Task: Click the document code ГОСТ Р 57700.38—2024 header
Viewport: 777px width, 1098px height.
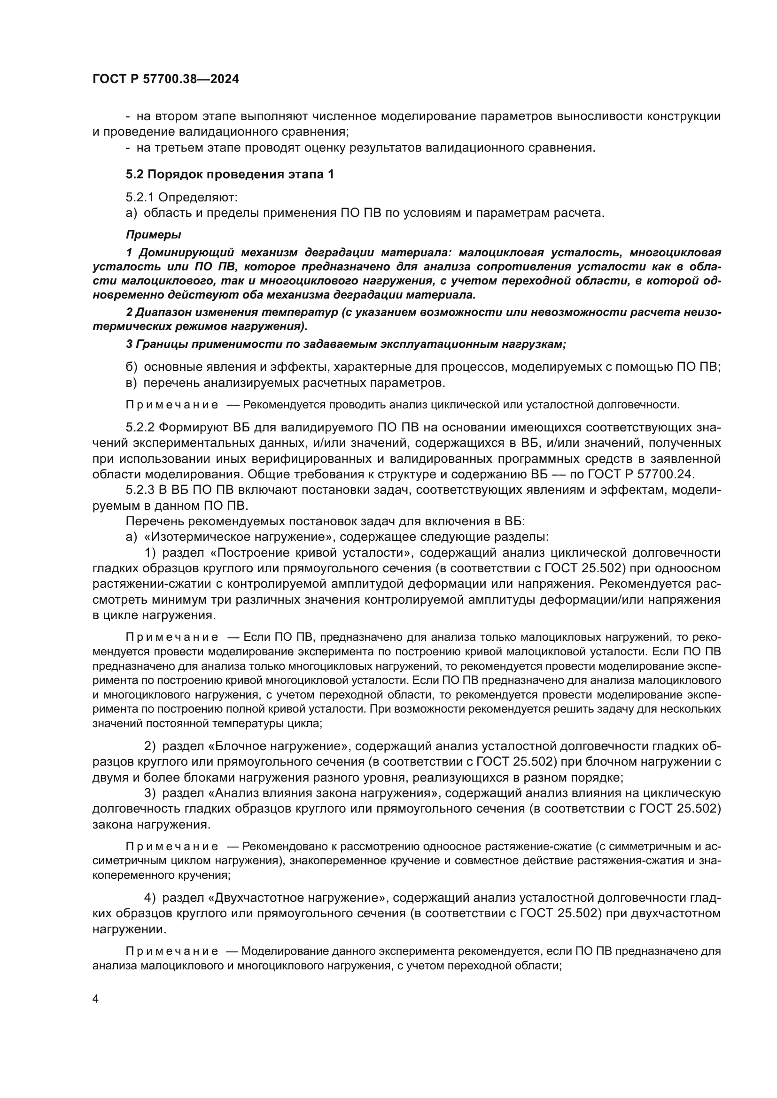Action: (x=165, y=79)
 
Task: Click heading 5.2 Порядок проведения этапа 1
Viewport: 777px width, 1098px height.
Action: (x=230, y=175)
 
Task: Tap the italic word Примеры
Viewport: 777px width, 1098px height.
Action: (x=153, y=235)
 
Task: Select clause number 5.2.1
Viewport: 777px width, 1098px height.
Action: (x=140, y=198)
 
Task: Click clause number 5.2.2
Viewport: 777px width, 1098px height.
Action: (x=140, y=427)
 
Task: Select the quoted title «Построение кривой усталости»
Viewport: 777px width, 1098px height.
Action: (x=311, y=553)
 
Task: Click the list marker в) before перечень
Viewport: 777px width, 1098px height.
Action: (x=131, y=383)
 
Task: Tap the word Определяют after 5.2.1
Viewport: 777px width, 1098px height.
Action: (x=198, y=198)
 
